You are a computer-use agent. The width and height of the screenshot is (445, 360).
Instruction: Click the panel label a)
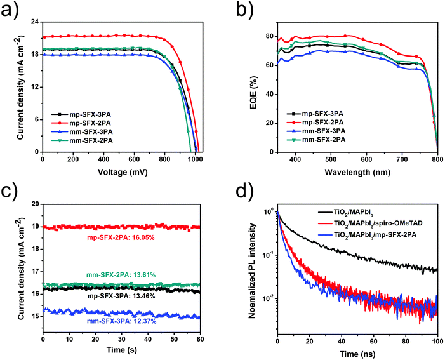11,8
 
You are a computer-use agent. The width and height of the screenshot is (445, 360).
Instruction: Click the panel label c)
11,189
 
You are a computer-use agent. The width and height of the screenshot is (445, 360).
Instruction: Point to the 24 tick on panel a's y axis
33,22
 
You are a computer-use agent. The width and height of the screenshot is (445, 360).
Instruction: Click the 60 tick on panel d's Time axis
374,340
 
